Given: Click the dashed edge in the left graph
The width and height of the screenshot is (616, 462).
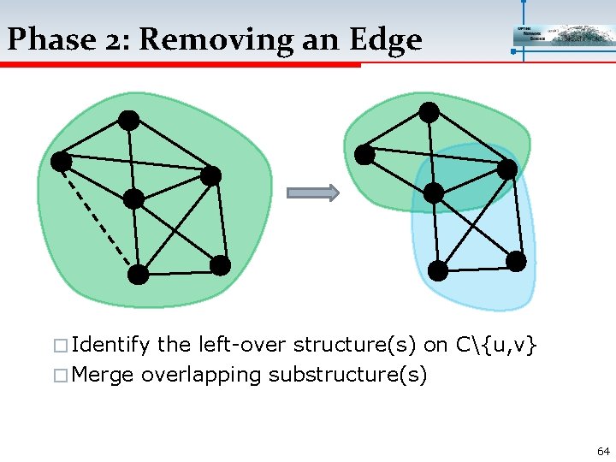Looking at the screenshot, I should [97, 215].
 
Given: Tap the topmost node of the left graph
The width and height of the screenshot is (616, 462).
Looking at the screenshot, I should [128, 121].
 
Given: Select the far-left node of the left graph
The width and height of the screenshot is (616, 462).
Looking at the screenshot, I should [61, 160].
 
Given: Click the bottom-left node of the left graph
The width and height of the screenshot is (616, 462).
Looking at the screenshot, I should [138, 275].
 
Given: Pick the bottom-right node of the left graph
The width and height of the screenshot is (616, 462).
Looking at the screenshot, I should [220, 266].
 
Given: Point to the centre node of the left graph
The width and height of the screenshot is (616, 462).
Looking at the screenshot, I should [133, 199].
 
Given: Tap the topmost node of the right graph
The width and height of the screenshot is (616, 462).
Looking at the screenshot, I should [429, 112].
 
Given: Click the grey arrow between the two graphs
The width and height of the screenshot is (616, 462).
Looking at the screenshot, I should [312, 192].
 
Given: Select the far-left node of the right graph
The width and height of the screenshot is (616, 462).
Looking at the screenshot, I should [365, 155].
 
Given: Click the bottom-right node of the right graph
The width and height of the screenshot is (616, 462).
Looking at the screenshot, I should [516, 262].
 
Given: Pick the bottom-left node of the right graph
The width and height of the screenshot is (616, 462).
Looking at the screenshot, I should [437, 271].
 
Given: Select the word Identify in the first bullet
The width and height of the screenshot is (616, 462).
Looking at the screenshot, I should [110, 345].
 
